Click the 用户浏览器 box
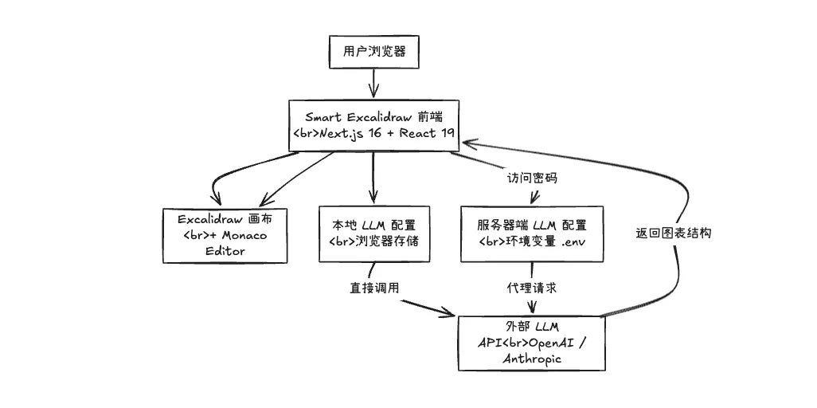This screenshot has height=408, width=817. [x=373, y=52]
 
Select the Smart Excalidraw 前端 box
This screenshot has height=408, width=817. [x=373, y=125]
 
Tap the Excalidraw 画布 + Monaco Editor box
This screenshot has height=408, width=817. [x=225, y=234]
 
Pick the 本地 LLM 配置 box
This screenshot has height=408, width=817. [x=373, y=233]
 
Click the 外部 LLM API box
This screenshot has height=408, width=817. [x=531, y=342]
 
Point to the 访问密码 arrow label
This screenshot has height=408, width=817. [x=532, y=178]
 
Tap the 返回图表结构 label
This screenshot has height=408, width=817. [x=673, y=233]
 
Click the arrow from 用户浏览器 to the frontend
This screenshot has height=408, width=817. [x=373, y=83]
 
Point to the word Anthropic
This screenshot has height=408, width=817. [x=531, y=359]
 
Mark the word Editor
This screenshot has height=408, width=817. [x=225, y=251]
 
